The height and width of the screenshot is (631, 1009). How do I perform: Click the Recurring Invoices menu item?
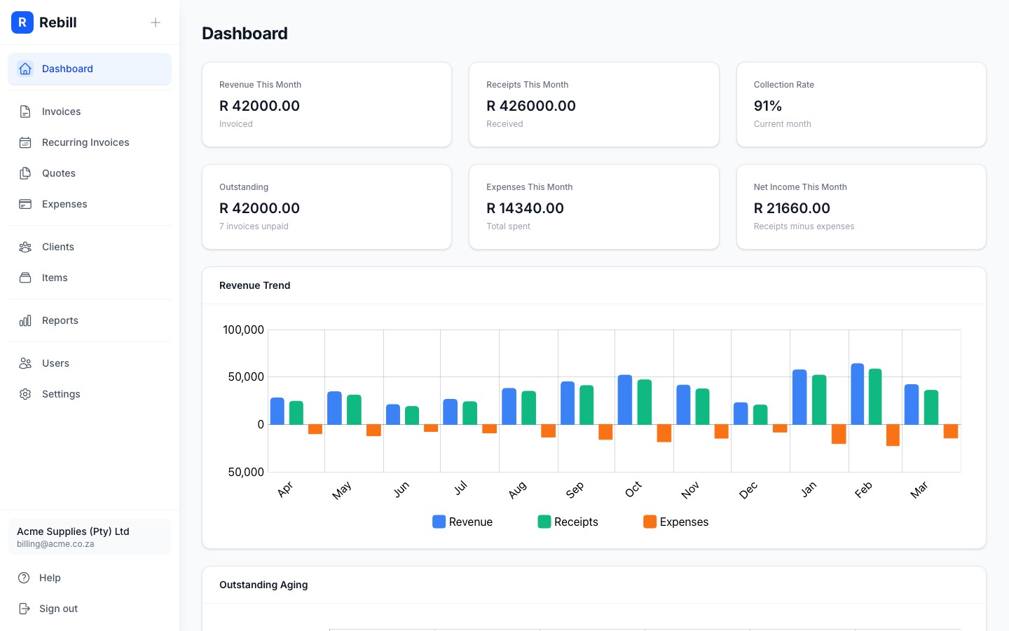coord(85,142)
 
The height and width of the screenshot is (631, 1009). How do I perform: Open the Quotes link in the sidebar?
coord(59,173)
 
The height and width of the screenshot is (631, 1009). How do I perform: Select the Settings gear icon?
coord(25,394)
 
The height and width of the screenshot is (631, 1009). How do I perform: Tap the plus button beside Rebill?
coord(156,22)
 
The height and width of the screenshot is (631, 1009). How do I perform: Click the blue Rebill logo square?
coord(22,22)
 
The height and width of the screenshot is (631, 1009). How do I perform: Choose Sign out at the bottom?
coord(58,609)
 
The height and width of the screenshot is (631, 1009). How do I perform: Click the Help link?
coord(50,578)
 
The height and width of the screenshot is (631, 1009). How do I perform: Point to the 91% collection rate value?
coord(767,106)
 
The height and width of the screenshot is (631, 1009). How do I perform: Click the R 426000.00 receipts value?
coord(531,106)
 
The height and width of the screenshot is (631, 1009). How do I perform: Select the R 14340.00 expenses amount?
coord(525,208)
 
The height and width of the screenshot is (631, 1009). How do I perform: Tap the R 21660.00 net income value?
coord(792,208)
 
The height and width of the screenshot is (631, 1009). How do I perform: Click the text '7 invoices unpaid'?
coord(254,226)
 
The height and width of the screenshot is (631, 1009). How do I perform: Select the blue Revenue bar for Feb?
coord(857,394)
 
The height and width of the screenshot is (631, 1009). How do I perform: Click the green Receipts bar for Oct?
coord(644,402)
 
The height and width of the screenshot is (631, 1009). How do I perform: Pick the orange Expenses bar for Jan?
coord(838,434)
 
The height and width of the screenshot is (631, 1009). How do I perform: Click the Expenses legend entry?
coord(676,522)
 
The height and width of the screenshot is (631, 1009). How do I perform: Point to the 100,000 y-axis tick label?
coord(243,330)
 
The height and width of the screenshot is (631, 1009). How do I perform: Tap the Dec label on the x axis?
coord(748,490)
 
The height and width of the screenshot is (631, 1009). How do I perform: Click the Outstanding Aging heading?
coord(263,585)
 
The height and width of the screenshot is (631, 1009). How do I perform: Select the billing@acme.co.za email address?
coord(55,544)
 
